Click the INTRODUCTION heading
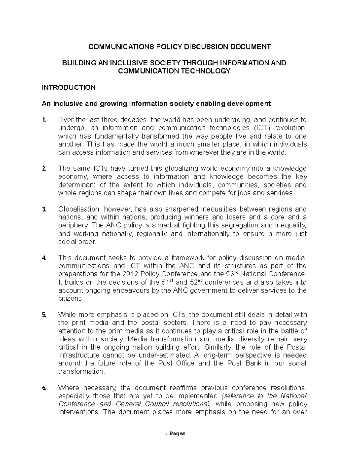(x=68, y=87)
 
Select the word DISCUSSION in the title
(x=206, y=47)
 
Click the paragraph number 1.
(x=44, y=120)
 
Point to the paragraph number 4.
(x=44, y=258)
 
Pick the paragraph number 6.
(x=44, y=388)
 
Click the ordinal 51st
(x=167, y=282)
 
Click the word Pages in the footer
(x=177, y=434)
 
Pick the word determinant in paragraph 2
(x=77, y=185)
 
